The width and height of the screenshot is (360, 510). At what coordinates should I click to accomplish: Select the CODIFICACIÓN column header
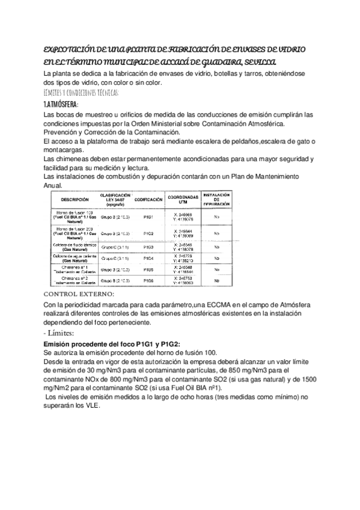tap(150, 199)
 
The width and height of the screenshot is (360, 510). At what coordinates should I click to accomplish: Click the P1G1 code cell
tap(149, 216)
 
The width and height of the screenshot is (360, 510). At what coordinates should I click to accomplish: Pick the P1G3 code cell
tap(149, 246)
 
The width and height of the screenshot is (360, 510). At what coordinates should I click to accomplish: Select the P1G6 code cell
tap(149, 280)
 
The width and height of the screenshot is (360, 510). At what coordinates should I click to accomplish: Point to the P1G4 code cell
tap(149, 257)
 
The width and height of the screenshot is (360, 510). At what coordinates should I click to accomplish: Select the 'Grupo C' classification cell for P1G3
tap(114, 246)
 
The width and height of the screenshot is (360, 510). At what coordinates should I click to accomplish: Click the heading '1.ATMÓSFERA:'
tap(61, 103)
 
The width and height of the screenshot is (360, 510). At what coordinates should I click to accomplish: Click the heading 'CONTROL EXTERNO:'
tap(79, 294)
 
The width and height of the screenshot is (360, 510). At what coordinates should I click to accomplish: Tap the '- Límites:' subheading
tap(59, 332)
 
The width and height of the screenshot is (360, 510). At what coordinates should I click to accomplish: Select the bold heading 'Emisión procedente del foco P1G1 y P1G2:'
tap(103, 343)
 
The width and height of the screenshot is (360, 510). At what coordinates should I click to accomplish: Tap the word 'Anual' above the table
tap(54, 185)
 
